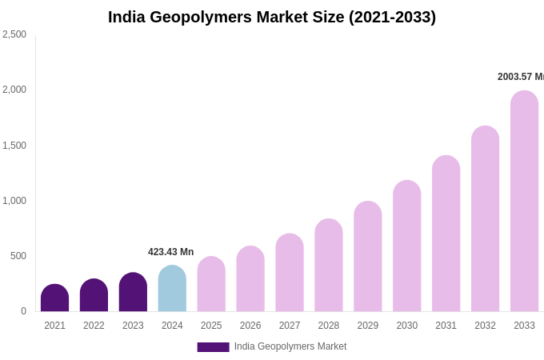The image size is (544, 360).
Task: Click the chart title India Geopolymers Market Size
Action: coord(272,17)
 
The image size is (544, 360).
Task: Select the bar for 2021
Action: coord(54,298)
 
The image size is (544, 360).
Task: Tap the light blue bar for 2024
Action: coord(172,289)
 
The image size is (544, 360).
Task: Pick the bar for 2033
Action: coord(524,202)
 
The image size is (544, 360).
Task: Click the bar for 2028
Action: coord(329,266)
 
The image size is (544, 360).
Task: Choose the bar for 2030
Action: coord(406,246)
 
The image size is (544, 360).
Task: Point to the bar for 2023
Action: coord(133,293)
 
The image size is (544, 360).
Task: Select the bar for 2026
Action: coord(250,279)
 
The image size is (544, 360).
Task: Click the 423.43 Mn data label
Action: coord(170,252)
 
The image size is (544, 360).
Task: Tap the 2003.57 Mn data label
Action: coord(520,77)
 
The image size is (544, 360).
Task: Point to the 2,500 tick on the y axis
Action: coord(14,34)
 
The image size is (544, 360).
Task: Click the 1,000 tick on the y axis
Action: coord(14,201)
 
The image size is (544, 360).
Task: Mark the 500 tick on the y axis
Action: coord(18,256)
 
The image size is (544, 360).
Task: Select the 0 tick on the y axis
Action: coord(23,311)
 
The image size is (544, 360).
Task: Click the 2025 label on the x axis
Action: coord(211,326)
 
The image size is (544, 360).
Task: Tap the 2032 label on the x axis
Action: coord(485,326)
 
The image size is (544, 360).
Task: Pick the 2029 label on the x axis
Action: coord(368,326)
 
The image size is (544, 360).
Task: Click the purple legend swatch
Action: coord(213,347)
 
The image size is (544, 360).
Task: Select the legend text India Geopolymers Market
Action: coord(290,346)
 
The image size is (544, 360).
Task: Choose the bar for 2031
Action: coord(446,234)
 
